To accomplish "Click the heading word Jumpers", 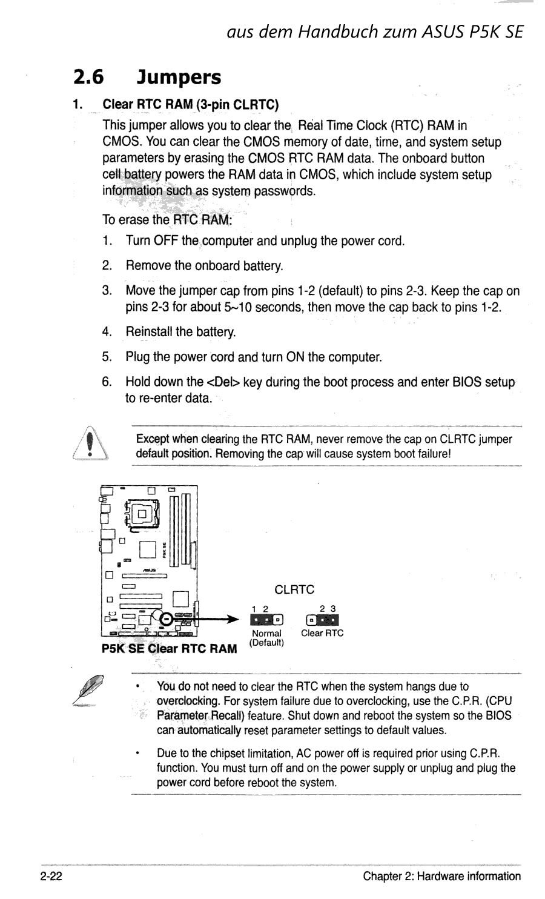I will click(x=179, y=78).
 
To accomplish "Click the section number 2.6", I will click(x=88, y=78).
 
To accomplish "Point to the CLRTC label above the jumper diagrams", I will click(x=294, y=589).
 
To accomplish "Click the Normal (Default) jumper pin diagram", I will click(x=266, y=620).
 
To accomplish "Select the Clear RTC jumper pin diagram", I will click(x=322, y=620).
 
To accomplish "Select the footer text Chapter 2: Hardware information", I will click(x=441, y=876).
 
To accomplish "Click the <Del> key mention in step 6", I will click(x=223, y=382).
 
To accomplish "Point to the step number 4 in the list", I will click(x=107, y=332).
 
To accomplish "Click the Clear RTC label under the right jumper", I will click(x=322, y=633).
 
